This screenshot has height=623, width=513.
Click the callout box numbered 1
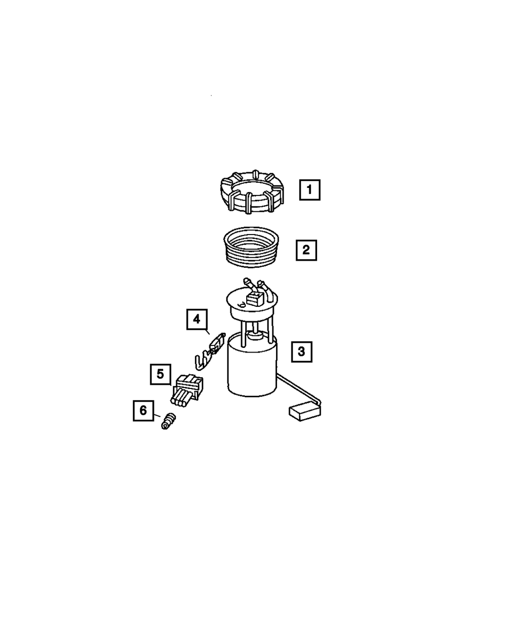[309, 190]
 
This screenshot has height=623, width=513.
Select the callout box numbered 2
[306, 250]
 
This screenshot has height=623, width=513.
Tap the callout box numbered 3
[302, 352]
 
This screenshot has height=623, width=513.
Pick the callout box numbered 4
[197, 319]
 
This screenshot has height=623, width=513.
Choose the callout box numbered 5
[161, 374]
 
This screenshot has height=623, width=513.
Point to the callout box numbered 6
[144, 411]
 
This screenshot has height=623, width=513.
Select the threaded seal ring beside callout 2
[251, 247]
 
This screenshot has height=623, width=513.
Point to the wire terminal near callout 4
[210, 352]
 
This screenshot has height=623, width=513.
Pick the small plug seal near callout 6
[168, 421]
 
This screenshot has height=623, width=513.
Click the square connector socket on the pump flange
[254, 299]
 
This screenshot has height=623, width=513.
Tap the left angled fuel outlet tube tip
[246, 281]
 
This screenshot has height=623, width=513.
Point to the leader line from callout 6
[157, 415]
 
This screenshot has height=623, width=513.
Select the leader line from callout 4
[208, 332]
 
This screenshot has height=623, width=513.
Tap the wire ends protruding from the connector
[181, 399]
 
